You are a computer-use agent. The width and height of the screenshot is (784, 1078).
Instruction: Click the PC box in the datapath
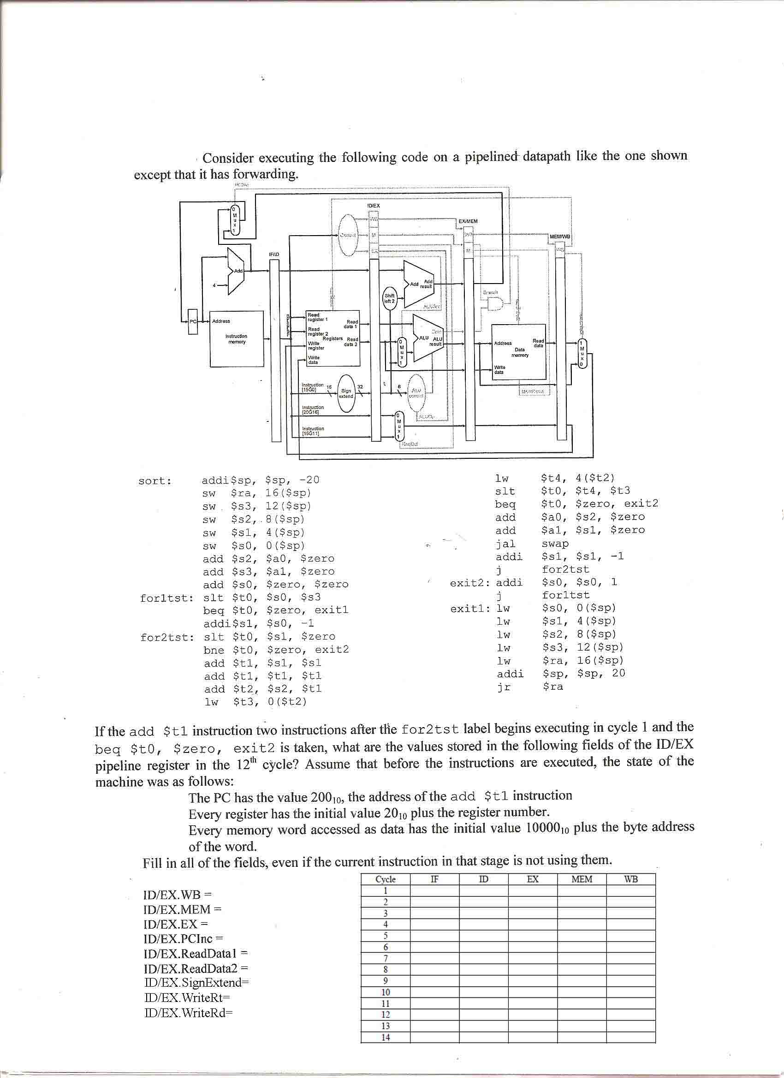tap(193, 322)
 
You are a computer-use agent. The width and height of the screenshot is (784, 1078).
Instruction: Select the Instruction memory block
tap(237, 338)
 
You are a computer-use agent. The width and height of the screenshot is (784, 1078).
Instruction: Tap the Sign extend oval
tap(346, 394)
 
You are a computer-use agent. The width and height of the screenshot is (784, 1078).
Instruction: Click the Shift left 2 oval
tap(390, 298)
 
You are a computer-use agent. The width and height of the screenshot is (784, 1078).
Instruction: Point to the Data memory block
tap(519, 352)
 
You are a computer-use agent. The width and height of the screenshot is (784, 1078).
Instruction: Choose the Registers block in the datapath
tap(333, 338)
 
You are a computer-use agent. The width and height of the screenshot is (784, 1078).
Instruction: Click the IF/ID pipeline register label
tap(274, 255)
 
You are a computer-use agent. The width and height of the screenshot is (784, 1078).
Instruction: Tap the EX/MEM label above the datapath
tap(468, 221)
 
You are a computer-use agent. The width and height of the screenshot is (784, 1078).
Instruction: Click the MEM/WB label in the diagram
tap(559, 236)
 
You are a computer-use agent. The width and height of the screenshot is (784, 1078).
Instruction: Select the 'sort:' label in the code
tap(155, 481)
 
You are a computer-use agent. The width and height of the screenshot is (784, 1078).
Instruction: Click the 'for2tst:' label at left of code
tap(167, 637)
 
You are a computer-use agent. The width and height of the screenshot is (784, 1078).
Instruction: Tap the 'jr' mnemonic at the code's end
tap(504, 687)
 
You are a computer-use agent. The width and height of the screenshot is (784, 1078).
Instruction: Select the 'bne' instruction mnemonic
tap(214, 650)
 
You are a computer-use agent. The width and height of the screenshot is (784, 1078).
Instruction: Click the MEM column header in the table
tap(582, 879)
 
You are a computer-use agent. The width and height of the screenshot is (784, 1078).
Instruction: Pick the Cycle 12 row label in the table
tap(386, 1015)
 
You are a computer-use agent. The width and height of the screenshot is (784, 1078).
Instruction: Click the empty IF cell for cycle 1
tap(434, 891)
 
